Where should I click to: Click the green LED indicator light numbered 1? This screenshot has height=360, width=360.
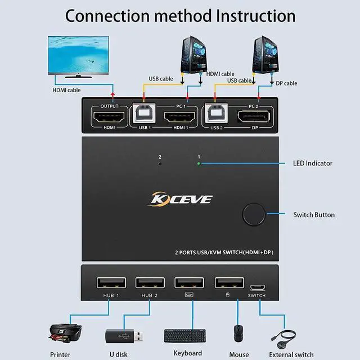tap(198, 164)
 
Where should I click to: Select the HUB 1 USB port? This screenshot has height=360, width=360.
tap(111, 282)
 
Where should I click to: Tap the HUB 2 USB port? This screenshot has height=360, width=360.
tap(150, 282)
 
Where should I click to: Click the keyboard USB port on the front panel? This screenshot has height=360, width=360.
tap(188, 282)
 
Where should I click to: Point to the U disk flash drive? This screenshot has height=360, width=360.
tap(119, 336)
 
